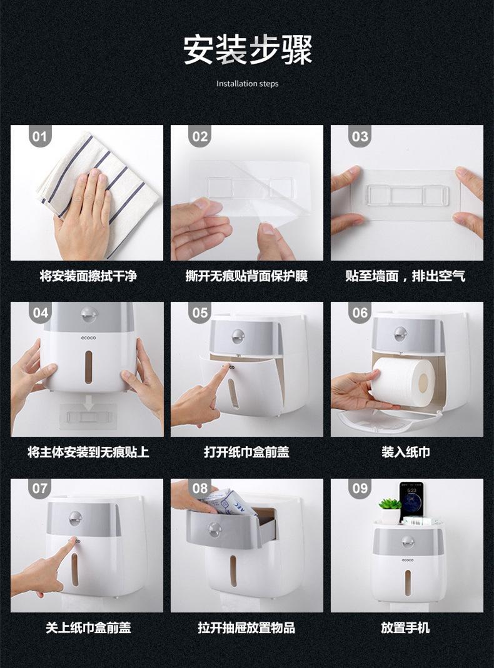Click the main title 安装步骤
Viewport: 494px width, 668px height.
click(248, 50)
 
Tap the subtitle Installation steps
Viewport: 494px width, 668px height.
click(247, 84)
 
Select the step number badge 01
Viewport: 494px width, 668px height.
click(39, 136)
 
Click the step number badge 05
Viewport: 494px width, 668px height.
click(199, 312)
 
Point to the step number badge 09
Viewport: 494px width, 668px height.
click(360, 488)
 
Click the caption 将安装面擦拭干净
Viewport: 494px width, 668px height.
click(88, 276)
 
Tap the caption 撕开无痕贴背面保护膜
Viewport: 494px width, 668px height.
click(246, 276)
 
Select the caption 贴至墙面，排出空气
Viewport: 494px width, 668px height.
click(405, 276)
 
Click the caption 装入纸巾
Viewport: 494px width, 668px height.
click(406, 452)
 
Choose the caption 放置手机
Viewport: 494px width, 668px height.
click(406, 627)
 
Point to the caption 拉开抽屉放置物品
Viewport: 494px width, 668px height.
click(246, 627)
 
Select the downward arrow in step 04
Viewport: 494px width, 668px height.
click(89, 403)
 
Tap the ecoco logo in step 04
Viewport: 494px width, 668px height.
click(89, 338)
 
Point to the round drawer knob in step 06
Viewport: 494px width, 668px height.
click(400, 334)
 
